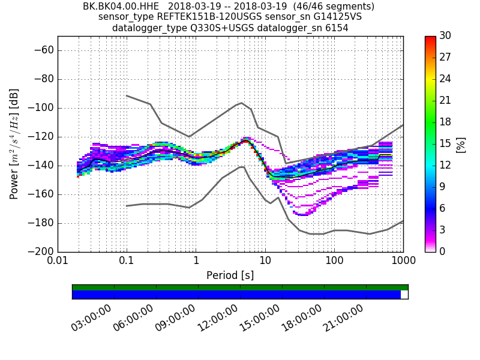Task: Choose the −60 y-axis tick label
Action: click(43, 50)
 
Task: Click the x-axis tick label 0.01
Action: click(58, 262)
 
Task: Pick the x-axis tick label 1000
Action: click(403, 262)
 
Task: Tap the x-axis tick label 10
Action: click(265, 262)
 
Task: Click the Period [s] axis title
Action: click(230, 275)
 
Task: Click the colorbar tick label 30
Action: click(446, 36)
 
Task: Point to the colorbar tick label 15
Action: click(446, 143)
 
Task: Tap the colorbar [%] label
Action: click(461, 144)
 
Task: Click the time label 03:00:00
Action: click(91, 318)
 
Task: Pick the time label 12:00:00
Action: click(217, 318)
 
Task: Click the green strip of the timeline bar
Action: click(240, 287)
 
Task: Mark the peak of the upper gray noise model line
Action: click(241, 103)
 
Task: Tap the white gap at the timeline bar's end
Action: click(404, 295)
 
